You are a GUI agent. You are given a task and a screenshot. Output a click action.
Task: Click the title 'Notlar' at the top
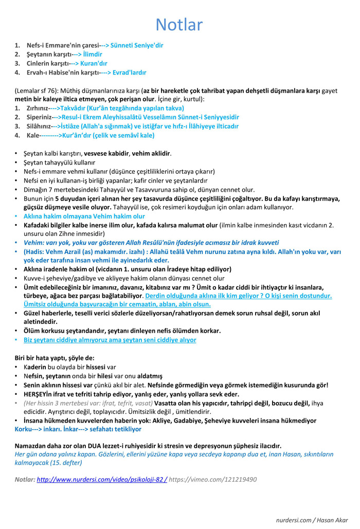pyautogui.click(x=179, y=24)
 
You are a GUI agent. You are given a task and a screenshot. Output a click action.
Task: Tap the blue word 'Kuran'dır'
pyautogui.click(x=93, y=63)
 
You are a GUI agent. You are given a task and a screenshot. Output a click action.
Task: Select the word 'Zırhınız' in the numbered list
pyautogui.click(x=38, y=108)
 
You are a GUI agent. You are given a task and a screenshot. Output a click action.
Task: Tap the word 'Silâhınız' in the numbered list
pyautogui.click(x=39, y=126)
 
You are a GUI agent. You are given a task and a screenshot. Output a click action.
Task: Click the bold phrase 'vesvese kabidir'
pyautogui.click(x=106, y=153)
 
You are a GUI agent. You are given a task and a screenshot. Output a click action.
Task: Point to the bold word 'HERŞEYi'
pyautogui.click(x=37, y=394)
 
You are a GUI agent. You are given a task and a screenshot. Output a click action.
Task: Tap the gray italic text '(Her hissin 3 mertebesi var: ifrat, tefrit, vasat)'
pyautogui.click(x=88, y=403)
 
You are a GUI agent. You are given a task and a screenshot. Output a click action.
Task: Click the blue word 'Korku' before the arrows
pyautogui.click(x=23, y=429)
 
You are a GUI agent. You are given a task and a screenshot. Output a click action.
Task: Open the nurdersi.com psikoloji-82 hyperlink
pyautogui.click(x=102, y=479)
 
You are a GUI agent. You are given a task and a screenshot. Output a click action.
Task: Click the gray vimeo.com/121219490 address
pyautogui.click(x=213, y=479)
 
